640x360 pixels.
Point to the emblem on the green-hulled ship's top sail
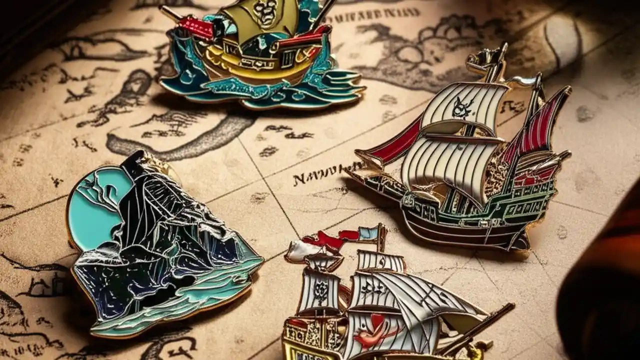463,107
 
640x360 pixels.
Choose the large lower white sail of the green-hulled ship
440,170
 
